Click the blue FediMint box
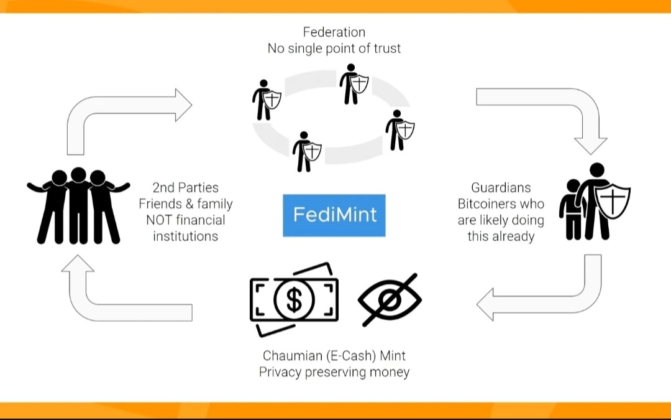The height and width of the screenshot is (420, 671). [x=334, y=215]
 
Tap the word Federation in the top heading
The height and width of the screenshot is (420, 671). [x=334, y=32]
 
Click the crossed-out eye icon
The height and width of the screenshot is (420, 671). [x=390, y=299]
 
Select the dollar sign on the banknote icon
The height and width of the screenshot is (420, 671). [x=294, y=300]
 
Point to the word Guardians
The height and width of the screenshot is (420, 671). [x=501, y=187]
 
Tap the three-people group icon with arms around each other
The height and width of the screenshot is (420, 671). [x=78, y=205]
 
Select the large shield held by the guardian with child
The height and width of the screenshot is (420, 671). [x=613, y=200]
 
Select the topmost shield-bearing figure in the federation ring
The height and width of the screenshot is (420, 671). [x=353, y=83]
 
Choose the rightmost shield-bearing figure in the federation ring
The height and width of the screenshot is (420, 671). [x=398, y=129]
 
